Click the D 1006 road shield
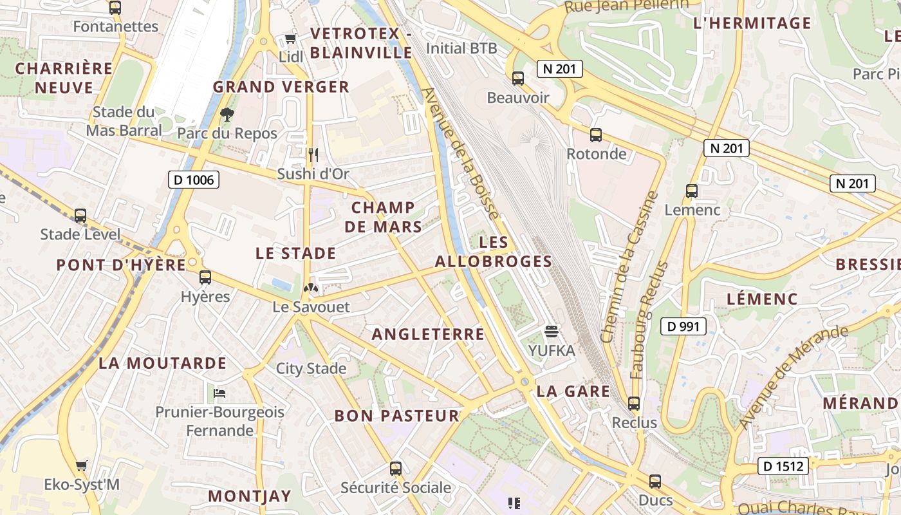click(194, 180)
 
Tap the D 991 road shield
click(683, 326)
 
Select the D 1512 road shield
click(783, 465)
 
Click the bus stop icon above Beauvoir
click(517, 79)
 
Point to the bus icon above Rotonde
click(596, 135)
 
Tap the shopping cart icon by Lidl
click(291, 39)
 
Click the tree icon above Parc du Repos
click(227, 115)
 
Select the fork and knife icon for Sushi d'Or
click(313, 154)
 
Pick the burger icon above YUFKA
click(551, 332)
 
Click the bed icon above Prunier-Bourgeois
click(219, 393)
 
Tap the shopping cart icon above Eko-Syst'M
click(81, 465)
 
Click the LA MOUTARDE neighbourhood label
click(162, 363)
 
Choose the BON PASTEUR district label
click(396, 416)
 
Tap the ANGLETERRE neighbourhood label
click(428, 333)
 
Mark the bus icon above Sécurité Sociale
click(396, 469)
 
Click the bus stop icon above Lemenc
click(692, 191)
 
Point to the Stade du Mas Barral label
click(124, 121)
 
